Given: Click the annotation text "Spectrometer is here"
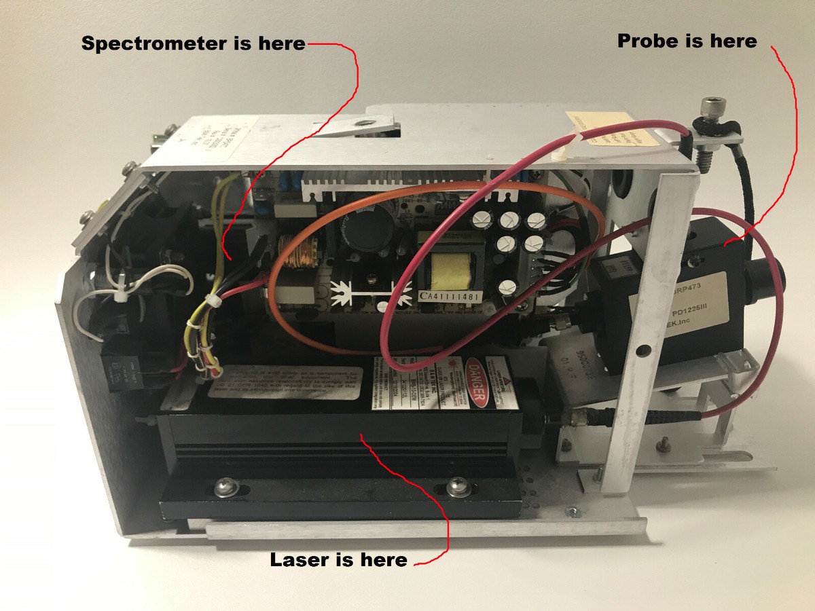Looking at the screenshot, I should pos(194,43).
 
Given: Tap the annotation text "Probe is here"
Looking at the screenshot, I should pos(687,41).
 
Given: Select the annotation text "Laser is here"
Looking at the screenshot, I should pos(338,560).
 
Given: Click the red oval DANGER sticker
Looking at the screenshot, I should pos(475,382).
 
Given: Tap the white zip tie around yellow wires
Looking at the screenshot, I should pos(209,301).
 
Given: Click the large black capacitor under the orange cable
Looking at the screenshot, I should pos(365,225).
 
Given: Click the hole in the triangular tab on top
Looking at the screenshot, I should pos(365,122).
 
